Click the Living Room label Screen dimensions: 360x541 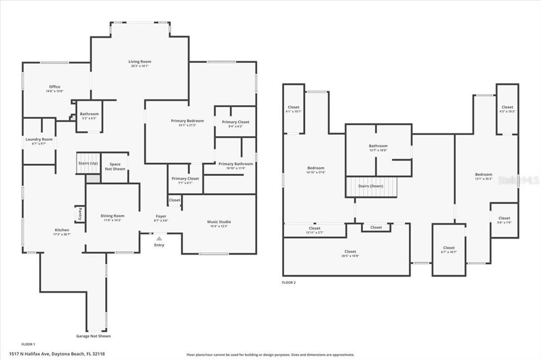point(139,62)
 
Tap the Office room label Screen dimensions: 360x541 point(54,87)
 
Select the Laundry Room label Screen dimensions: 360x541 point(39,139)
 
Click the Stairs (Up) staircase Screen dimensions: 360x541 point(88,164)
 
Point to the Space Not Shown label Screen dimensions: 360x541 point(115,166)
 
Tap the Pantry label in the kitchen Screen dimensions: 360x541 point(80,214)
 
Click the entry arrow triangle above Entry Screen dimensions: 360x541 point(159,239)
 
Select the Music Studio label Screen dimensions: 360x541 point(219,222)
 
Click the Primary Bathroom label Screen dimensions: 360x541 point(236,164)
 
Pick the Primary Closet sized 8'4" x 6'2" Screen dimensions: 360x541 point(235,122)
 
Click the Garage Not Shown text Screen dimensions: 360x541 point(94,336)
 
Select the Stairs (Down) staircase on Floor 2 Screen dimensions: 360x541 point(371,186)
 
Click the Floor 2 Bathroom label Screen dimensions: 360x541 point(378,146)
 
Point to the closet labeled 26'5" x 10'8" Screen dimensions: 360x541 point(350,252)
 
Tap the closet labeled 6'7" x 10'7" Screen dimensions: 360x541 point(449,248)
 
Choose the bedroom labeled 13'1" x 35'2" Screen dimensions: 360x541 point(483,175)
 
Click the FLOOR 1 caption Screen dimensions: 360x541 point(28,344)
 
